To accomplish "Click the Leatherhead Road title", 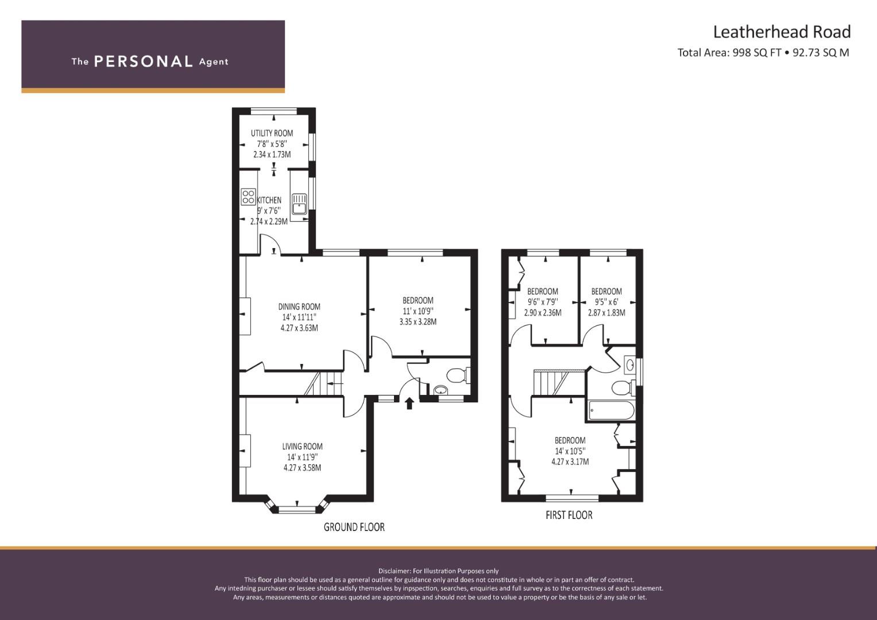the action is (x=782, y=32).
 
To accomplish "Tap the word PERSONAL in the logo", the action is (x=144, y=61).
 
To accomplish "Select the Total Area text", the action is (x=763, y=52).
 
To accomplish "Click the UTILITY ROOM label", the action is (x=272, y=133).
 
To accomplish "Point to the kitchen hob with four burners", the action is (x=248, y=197).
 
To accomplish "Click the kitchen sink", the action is (x=299, y=204).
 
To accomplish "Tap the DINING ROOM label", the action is (x=299, y=307).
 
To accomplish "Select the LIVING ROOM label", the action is (x=302, y=446).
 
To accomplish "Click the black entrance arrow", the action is (x=409, y=404).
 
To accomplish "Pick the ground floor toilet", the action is (x=458, y=375).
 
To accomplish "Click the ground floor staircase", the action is (x=324, y=383).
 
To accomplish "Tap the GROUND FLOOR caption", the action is (x=354, y=527).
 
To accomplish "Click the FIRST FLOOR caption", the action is (x=569, y=515).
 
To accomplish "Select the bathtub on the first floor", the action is (x=611, y=410).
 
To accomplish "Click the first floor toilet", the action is (x=623, y=388).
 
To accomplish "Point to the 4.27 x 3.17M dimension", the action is (x=570, y=462).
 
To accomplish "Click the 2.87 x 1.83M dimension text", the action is (x=606, y=313).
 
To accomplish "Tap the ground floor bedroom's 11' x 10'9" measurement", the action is (x=418, y=311).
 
